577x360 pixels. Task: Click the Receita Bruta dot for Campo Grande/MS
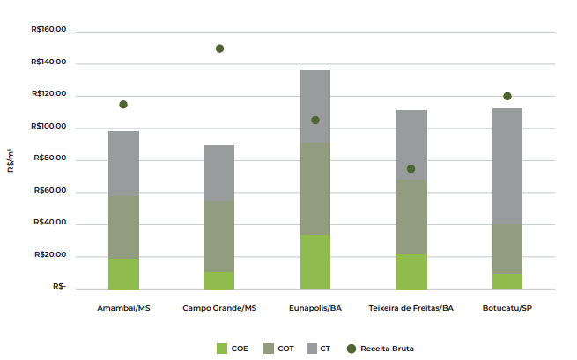tap(219, 48)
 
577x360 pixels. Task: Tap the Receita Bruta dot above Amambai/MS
tap(123, 105)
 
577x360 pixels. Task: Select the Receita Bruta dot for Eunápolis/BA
tap(315, 120)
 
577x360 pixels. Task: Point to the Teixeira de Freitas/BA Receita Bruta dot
tap(411, 169)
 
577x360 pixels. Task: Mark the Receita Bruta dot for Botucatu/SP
tap(507, 96)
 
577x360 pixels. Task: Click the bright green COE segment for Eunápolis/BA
tap(315, 262)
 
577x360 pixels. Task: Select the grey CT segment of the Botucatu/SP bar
tap(507, 166)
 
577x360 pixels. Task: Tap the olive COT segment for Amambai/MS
tap(123, 227)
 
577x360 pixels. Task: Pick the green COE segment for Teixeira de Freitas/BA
tap(411, 272)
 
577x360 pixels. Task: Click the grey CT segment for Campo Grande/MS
tap(219, 173)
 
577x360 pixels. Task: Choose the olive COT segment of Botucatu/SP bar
tap(507, 249)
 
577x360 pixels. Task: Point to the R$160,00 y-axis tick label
tap(48, 31)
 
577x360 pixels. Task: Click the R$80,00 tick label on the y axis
tap(50, 160)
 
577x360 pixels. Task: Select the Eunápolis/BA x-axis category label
tap(315, 308)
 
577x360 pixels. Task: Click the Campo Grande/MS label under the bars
tap(219, 308)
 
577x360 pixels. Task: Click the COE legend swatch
tap(221, 349)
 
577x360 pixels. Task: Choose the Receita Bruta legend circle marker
tap(351, 349)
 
